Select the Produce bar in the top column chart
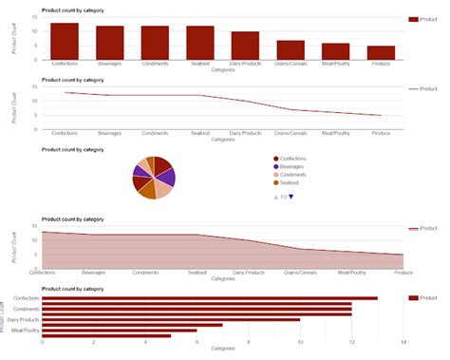coord(381,52)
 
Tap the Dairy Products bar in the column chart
coord(245,46)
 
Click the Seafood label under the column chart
coord(199,64)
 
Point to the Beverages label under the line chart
coord(110,133)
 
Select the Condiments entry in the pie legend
coord(295,175)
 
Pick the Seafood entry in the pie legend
coord(291,183)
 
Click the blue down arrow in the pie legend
coord(291,197)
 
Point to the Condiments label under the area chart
coord(145,273)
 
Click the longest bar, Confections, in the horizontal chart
coord(210,298)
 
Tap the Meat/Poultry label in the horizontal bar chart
coord(27,331)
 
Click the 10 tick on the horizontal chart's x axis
coord(300,342)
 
